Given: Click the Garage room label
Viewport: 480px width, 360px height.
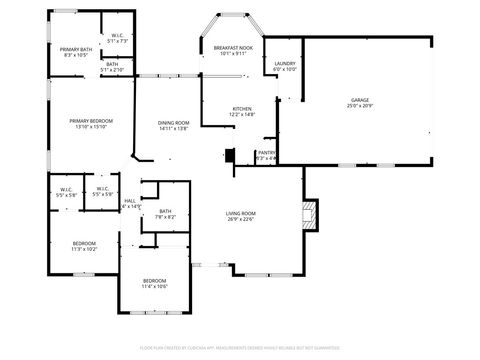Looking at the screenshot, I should tap(359, 101).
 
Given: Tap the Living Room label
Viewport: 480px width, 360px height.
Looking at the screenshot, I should tap(240, 213).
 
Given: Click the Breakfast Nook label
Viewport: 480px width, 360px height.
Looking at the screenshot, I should tap(233, 47).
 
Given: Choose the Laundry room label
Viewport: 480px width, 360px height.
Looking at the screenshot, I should tap(285, 63).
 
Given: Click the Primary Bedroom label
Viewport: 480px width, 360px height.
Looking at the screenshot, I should tap(91, 121).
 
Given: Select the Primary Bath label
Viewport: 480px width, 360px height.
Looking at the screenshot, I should tap(76, 49).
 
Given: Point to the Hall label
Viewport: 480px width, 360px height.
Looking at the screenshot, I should tap(130, 200).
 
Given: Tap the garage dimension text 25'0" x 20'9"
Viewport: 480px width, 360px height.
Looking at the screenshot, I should tap(359, 107).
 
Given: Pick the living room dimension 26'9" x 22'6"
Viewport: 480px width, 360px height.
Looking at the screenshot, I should tap(240, 220).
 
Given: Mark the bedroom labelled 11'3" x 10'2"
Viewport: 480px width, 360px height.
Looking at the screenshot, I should tap(83, 249).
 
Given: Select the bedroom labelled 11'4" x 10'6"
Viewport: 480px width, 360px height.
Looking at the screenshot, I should tap(154, 286).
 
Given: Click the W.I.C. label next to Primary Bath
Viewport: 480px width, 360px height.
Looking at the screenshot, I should tap(118, 35).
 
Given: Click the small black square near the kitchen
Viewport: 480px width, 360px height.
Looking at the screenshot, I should tap(230, 156).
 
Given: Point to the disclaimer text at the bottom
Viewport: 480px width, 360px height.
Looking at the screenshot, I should tap(240, 347).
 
